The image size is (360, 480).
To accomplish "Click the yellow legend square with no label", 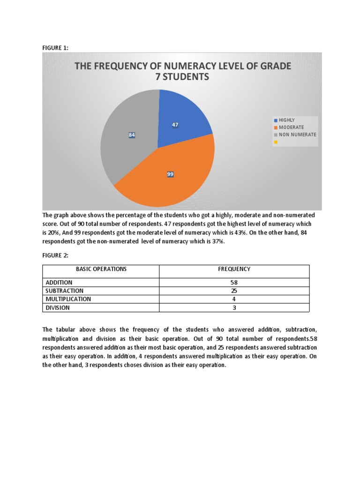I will point(276,142).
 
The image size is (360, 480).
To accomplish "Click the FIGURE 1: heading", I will point(55,47).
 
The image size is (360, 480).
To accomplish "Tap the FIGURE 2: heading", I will point(55,255).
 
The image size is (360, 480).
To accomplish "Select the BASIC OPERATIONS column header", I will point(101,270).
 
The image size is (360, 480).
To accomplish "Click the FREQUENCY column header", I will point(234,270).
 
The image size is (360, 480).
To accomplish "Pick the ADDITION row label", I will point(59,283).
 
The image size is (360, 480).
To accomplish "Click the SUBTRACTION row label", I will point(64,291).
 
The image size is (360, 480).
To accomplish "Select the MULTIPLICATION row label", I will point(68,299).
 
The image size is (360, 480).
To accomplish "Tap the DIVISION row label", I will point(58,308).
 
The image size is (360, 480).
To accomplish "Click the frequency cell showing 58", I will point(234,283).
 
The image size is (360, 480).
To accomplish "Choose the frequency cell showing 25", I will point(234,291).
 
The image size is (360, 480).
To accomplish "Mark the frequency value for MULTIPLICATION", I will point(234,299).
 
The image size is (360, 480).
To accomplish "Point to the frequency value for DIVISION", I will point(234,308).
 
